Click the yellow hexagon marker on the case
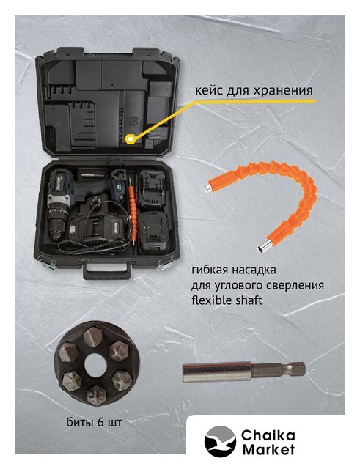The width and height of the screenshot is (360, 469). point(131,139)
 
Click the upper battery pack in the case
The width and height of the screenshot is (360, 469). point(152,189)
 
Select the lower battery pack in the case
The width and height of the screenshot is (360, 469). point(153,233)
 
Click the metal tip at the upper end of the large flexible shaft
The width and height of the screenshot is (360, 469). point(207,187)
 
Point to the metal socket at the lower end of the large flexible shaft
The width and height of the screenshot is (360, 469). point(263,246)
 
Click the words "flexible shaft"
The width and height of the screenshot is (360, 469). point(227,300)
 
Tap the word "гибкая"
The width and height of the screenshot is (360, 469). point(210,270)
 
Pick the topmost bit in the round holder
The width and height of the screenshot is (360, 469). point(94,336)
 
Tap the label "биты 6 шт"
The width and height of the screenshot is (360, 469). point(95,422)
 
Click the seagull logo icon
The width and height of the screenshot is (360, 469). point(220,441)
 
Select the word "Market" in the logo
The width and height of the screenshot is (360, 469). point(268,449)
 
